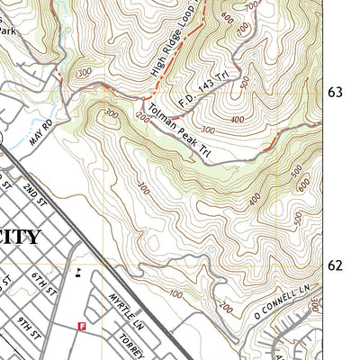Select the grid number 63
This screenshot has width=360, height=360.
336,93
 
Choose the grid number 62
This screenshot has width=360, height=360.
336,265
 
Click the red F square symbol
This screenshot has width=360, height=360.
82,327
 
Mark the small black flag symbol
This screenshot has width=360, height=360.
79,274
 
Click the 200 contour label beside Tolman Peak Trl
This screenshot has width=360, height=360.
141,116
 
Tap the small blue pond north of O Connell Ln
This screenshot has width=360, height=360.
210,251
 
